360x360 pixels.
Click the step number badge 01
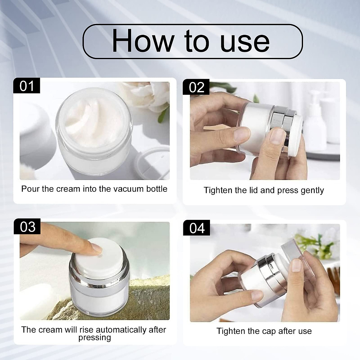tap(27, 86)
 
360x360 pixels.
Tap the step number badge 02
tap(196, 87)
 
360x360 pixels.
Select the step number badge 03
tap(27, 227)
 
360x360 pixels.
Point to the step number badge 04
tap(197, 228)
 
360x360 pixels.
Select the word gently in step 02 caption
tap(310, 190)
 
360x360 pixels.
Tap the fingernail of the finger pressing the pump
tap(97, 248)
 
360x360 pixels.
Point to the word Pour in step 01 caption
tap(30, 189)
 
